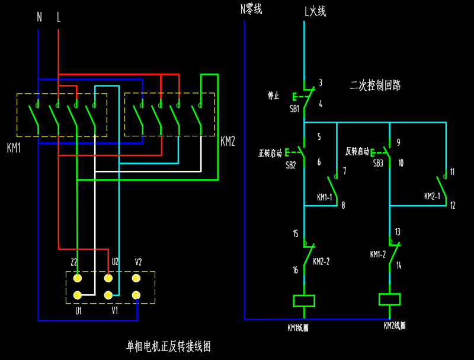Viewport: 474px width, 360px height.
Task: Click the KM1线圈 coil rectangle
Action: point(304,301)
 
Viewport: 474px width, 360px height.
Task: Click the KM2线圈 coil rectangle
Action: point(389,299)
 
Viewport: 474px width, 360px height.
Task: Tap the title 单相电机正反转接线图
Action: point(169,346)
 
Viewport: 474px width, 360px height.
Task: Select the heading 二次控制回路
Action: point(375,85)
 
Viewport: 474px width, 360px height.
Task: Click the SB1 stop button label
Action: point(294,109)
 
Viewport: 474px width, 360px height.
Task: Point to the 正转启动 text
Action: point(270,152)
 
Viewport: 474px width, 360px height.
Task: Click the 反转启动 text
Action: point(357,151)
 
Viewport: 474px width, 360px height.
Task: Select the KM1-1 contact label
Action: point(325,197)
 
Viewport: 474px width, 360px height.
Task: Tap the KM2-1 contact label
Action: point(432,196)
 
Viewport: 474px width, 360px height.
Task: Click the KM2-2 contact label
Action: point(321,262)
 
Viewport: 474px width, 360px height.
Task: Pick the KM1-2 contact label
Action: point(378,254)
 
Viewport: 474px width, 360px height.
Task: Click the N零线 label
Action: point(251,9)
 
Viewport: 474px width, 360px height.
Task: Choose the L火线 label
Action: point(315,11)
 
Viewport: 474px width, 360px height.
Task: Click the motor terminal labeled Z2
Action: point(77,278)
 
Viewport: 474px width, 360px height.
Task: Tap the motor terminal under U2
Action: point(108,278)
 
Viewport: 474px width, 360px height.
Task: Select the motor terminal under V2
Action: point(136,278)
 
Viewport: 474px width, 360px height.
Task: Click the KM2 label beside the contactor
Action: point(228,141)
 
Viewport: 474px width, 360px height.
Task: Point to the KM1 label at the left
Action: point(14,148)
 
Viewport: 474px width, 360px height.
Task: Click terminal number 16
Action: point(295,270)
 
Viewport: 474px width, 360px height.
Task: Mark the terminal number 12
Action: point(453,206)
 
